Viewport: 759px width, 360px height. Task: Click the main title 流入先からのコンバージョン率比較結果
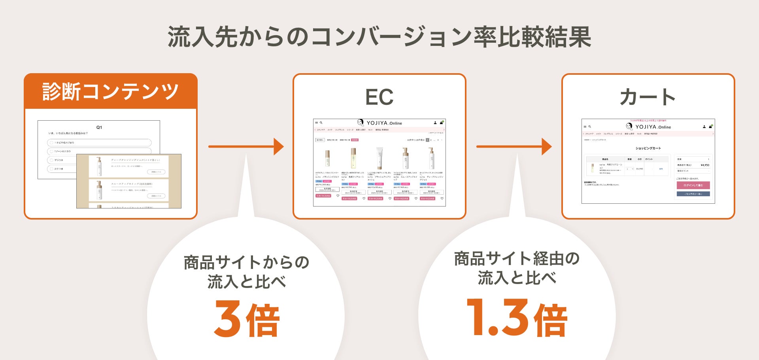[x=379, y=37]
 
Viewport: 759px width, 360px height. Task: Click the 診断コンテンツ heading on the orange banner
[x=110, y=92]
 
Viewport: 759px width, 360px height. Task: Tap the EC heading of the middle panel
[x=379, y=97]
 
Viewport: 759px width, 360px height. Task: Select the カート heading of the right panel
[x=648, y=97]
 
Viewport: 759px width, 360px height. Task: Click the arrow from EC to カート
[x=514, y=147]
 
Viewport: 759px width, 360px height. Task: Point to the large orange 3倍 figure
[x=247, y=319]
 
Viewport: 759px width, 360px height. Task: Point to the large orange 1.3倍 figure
[x=517, y=318]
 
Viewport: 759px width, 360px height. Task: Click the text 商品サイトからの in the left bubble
[x=246, y=262]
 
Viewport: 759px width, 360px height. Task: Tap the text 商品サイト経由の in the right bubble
[x=517, y=259]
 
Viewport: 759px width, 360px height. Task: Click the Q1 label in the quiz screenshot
[x=99, y=127]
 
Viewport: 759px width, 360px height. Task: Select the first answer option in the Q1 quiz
[x=99, y=142]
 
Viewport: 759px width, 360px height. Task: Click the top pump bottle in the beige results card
[x=99, y=166]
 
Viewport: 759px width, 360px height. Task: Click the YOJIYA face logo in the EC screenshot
[x=361, y=123]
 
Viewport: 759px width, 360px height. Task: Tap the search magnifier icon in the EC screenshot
[x=321, y=123]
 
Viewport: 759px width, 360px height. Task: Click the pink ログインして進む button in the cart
[x=693, y=185]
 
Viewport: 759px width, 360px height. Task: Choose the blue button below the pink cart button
[x=693, y=194]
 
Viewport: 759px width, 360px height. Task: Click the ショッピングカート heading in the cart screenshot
[x=648, y=148]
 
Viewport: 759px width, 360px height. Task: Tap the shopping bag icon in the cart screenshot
[x=710, y=127]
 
